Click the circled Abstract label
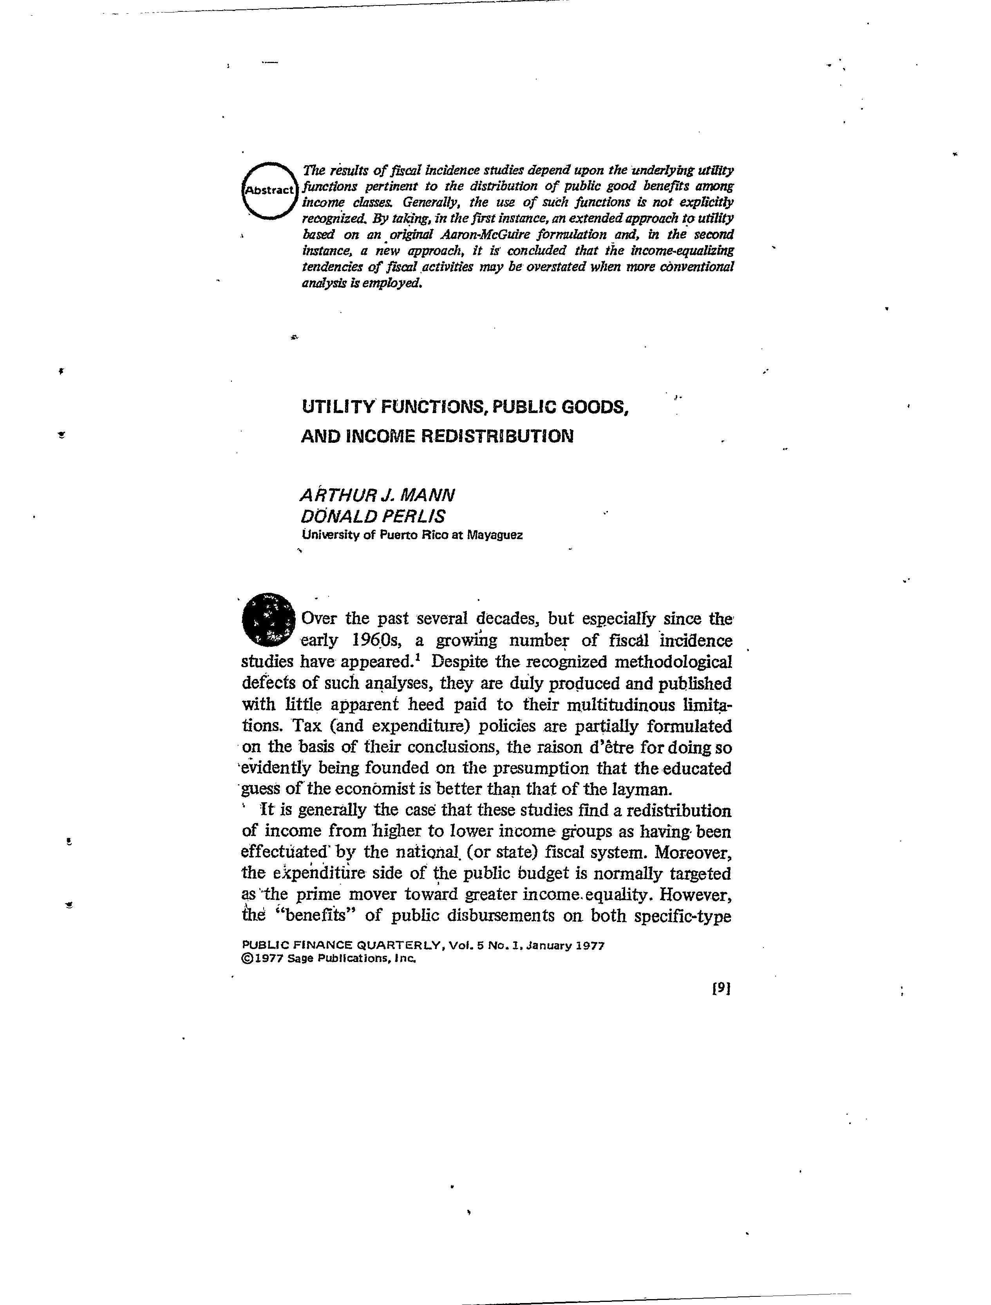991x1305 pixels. tap(269, 190)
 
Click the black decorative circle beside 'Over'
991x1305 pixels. tap(268, 619)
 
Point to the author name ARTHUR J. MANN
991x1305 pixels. tap(378, 495)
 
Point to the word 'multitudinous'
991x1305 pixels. tap(621, 705)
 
